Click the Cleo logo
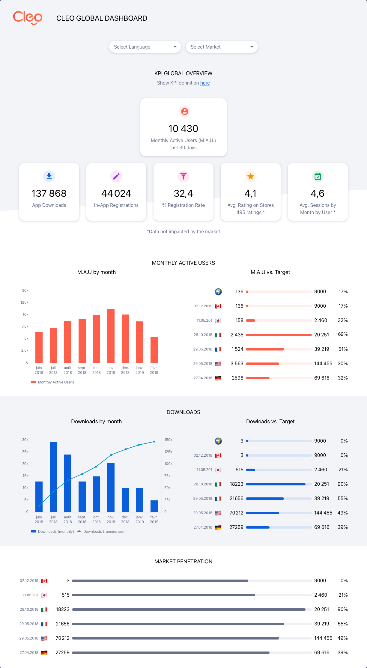coord(28,18)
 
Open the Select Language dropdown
coord(145,47)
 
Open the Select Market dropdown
coord(222,47)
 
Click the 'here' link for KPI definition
coord(205,83)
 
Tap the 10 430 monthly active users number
coord(183,129)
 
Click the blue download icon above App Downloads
coord(49,176)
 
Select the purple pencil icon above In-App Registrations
coord(116,176)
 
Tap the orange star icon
coord(251,176)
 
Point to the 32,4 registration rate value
coord(183,193)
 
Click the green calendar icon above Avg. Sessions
coord(318,176)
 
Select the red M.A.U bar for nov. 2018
coord(111,336)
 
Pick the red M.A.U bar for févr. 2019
coord(154,350)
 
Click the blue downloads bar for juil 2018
coord(53,477)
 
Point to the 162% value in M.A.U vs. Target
coord(342,334)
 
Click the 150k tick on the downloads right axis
coord(168,440)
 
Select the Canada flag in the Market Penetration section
coord(44,581)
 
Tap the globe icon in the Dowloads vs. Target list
coord(218,441)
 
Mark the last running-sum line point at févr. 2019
coord(154,442)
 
